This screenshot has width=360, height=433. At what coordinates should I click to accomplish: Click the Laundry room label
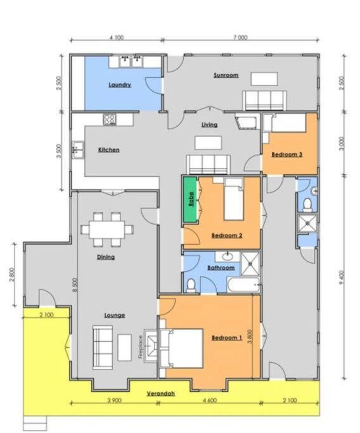point(120,85)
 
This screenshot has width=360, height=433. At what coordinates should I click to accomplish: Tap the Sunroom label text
point(226,75)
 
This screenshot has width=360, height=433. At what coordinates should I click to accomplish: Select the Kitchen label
point(109,150)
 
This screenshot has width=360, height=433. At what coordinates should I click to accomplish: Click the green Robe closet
point(190,199)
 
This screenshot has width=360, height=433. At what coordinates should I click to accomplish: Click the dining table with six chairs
point(107,229)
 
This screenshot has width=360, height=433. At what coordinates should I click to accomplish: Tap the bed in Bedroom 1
point(181,348)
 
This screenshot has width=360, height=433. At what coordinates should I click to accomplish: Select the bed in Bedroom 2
point(234,199)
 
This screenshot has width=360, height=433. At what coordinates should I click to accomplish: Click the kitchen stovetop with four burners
point(110,120)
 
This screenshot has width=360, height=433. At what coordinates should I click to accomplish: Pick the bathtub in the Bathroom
point(244,285)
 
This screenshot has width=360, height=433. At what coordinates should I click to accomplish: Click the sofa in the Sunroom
point(264,101)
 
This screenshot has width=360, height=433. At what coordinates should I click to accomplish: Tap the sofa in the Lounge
point(103,347)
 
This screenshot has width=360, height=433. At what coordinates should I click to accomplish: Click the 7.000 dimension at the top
point(240,37)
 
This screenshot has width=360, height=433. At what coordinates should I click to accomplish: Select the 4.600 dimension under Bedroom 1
point(210,400)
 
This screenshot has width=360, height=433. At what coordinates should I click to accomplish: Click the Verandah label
point(161,394)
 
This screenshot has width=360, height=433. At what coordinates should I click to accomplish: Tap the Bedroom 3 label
point(287,154)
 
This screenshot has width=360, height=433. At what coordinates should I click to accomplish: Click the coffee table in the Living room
point(208,143)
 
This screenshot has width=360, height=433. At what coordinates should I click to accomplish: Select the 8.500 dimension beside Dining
point(76,285)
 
